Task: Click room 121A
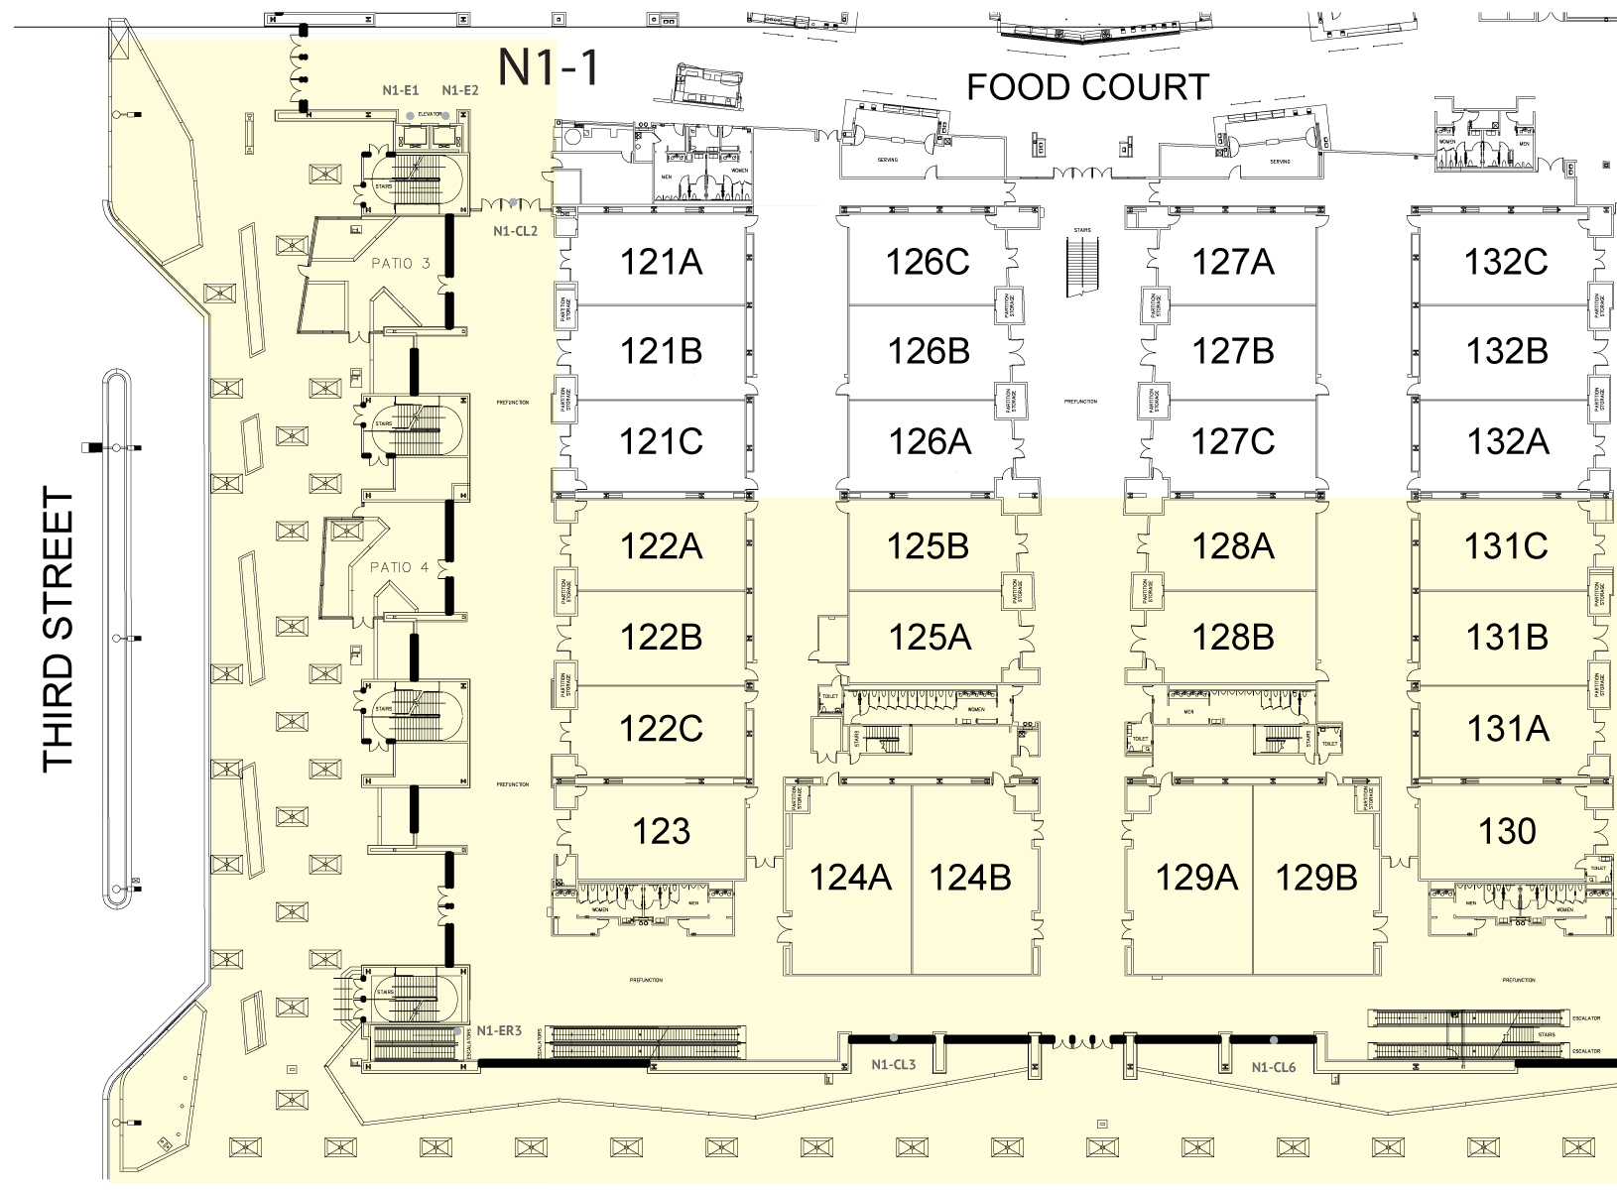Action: [661, 262]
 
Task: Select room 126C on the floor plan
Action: [928, 262]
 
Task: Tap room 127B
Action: [1232, 351]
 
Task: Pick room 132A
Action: [1507, 440]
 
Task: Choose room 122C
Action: [661, 729]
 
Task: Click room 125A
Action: [929, 637]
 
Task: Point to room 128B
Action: [1232, 637]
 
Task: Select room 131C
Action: [1506, 545]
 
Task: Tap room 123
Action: [661, 831]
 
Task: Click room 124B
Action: [970, 877]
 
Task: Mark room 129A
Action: [1196, 877]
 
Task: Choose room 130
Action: [1507, 831]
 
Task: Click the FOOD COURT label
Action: [1087, 87]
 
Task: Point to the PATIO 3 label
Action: [401, 264]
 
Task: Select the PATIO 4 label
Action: [399, 567]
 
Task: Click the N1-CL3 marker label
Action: [893, 1065]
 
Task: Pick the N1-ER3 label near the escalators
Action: [499, 1031]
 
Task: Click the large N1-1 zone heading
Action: [549, 67]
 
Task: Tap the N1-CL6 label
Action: [1274, 1067]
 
